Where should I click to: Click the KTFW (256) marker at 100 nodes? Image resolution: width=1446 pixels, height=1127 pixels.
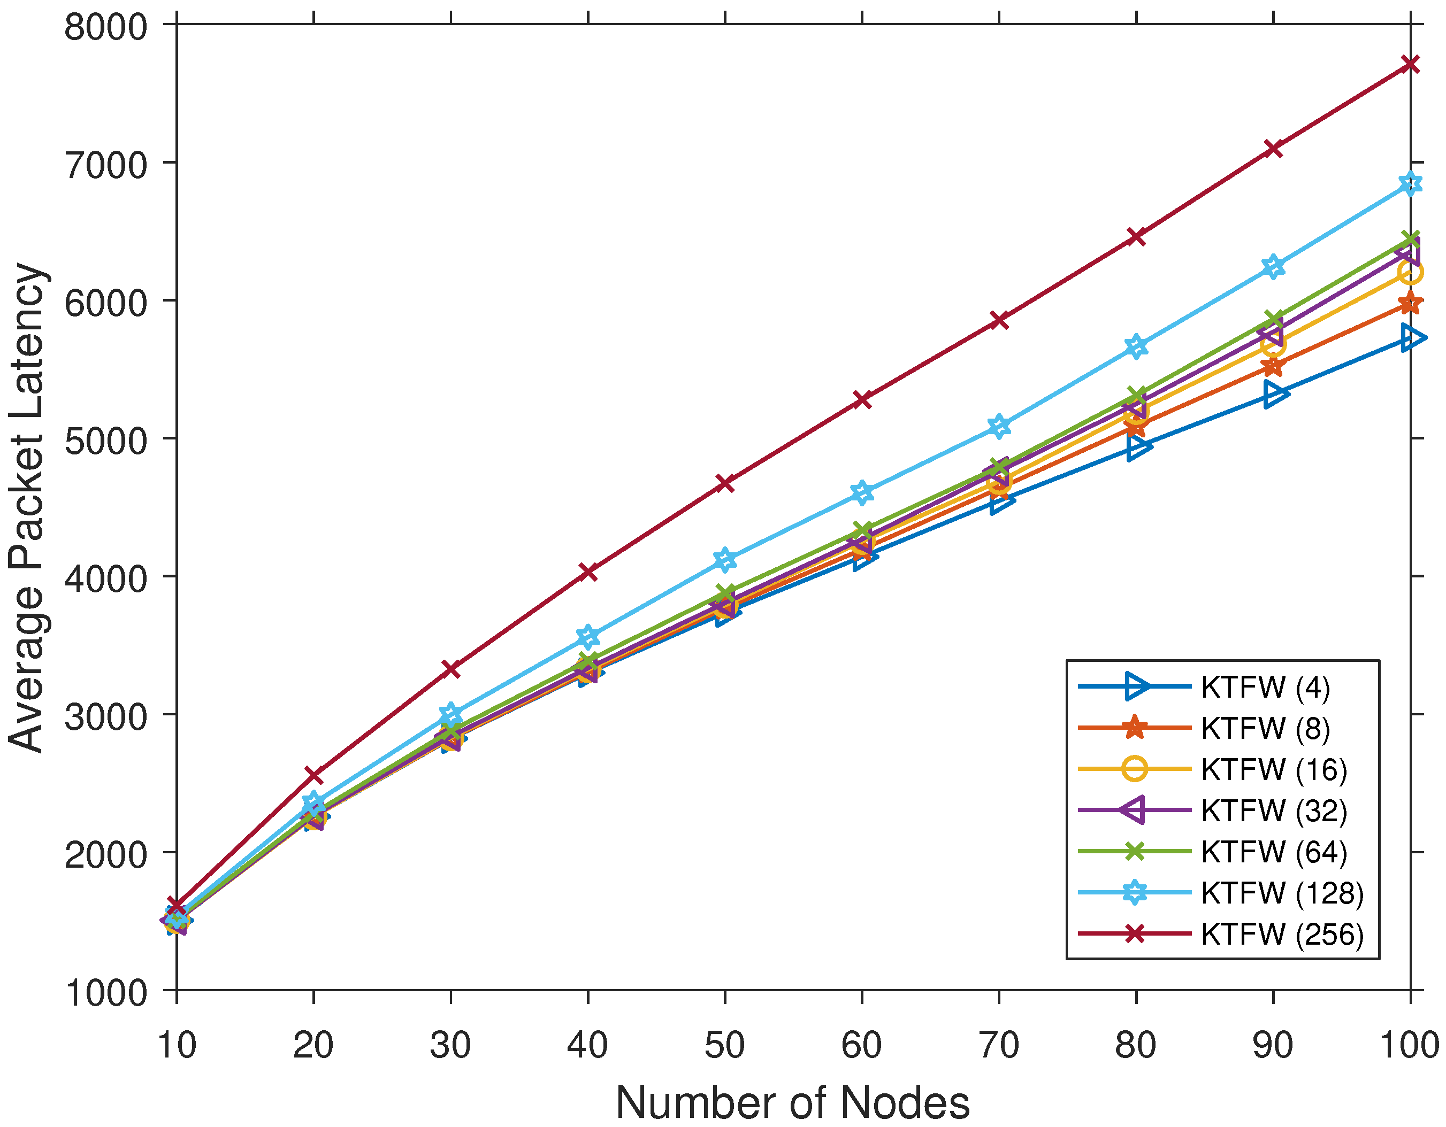click(x=1410, y=64)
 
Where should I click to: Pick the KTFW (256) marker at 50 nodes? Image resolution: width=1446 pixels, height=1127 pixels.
click(x=725, y=483)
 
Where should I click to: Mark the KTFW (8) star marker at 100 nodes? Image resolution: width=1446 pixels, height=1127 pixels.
click(x=1410, y=304)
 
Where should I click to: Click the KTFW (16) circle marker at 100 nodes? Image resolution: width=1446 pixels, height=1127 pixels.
click(x=1410, y=272)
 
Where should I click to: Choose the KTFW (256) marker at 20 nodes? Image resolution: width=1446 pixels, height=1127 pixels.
click(x=314, y=774)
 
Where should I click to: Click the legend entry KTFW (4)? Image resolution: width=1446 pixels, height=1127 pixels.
click(x=1265, y=687)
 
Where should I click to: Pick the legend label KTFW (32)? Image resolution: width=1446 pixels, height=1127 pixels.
click(x=1274, y=810)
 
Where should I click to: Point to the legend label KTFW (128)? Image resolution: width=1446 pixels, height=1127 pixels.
click(x=1282, y=893)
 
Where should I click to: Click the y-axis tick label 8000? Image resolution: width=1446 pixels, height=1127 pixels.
click(x=105, y=28)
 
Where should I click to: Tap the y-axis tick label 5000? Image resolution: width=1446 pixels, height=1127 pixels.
click(x=105, y=440)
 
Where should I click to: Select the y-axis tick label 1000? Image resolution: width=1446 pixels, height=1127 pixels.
click(x=105, y=993)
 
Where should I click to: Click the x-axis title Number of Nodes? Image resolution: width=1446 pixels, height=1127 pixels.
click(x=792, y=1102)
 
